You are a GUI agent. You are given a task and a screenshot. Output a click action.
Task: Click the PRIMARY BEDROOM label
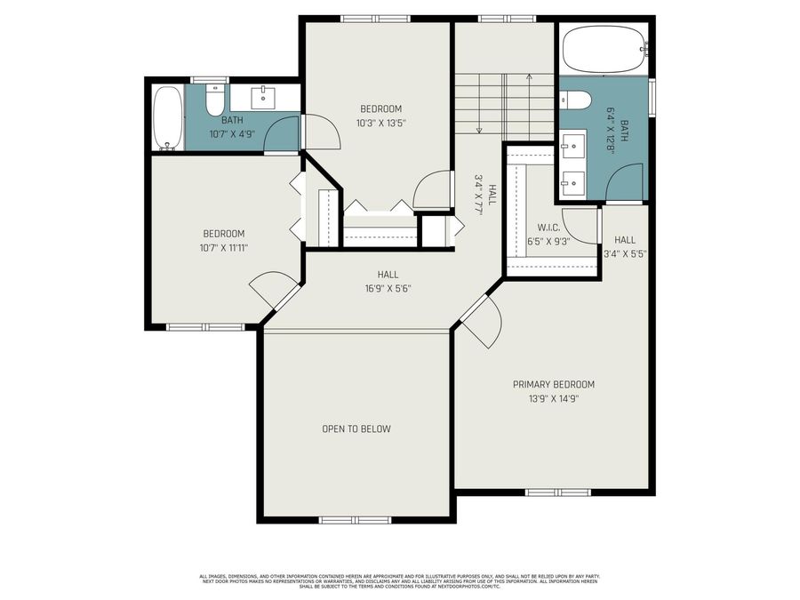tap(553, 384)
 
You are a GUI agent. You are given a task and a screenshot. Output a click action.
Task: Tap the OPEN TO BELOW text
tap(356, 428)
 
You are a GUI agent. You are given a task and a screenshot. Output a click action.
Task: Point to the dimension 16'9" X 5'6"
tap(388, 288)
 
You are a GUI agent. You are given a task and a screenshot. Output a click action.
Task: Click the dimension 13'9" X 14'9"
tap(553, 399)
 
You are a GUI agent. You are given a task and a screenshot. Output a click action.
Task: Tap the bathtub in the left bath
tap(167, 117)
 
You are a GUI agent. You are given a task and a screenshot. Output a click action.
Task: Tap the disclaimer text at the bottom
tap(399, 581)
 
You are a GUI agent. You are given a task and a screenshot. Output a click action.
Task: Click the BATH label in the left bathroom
tap(232, 120)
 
